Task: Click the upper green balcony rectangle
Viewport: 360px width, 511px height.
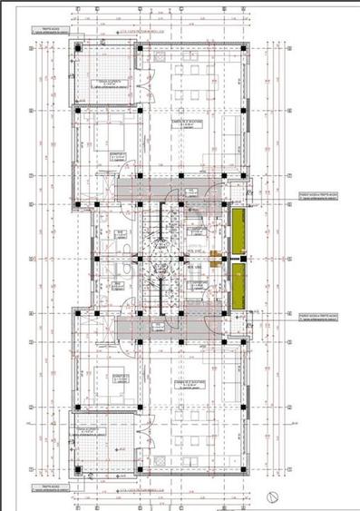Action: pyautogui.click(x=238, y=231)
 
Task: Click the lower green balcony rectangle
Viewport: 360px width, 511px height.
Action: pyautogui.click(x=238, y=289)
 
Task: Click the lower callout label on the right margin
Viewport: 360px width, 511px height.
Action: pyautogui.click(x=316, y=319)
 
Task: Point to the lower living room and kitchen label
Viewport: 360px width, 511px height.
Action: pyautogui.click(x=189, y=386)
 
